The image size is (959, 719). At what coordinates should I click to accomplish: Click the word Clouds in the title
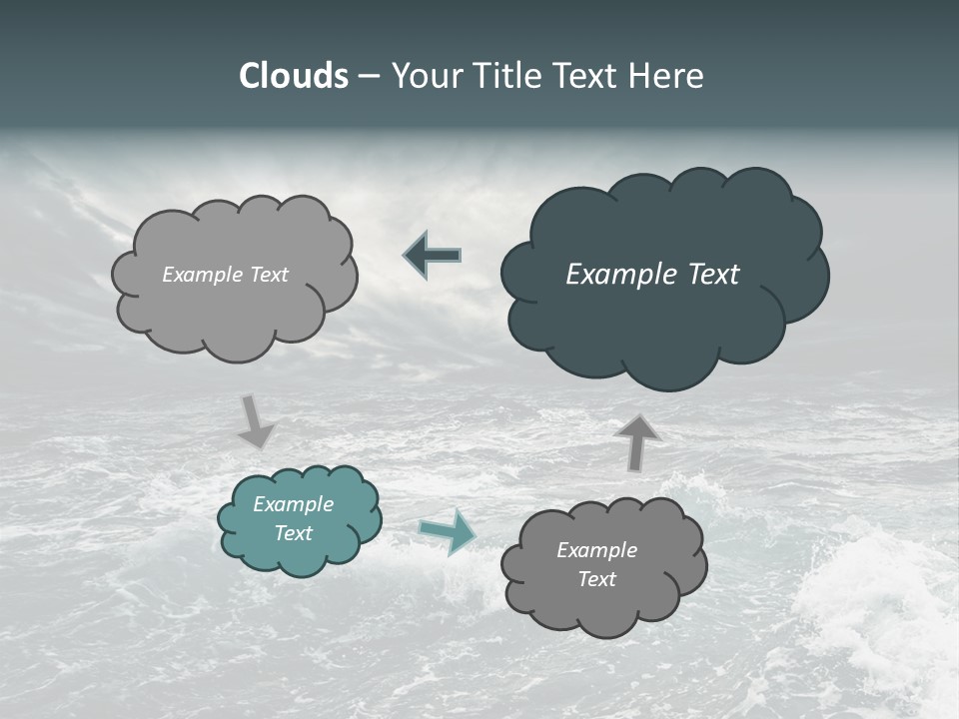(x=294, y=76)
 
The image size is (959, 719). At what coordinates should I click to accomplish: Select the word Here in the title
(x=667, y=76)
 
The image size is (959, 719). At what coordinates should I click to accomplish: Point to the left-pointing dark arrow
(x=433, y=256)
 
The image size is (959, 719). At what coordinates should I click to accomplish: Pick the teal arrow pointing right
(x=448, y=530)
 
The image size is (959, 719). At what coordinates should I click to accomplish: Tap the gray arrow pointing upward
(x=636, y=441)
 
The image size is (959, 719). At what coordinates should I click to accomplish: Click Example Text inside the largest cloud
(x=652, y=275)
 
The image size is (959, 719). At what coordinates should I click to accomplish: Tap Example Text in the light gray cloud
(x=225, y=275)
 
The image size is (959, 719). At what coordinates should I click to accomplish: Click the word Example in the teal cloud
(x=293, y=504)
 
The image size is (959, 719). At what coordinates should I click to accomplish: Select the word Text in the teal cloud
(x=293, y=533)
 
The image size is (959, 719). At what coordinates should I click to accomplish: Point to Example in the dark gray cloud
(x=596, y=550)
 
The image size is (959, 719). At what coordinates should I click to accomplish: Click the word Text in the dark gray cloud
(x=596, y=579)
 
